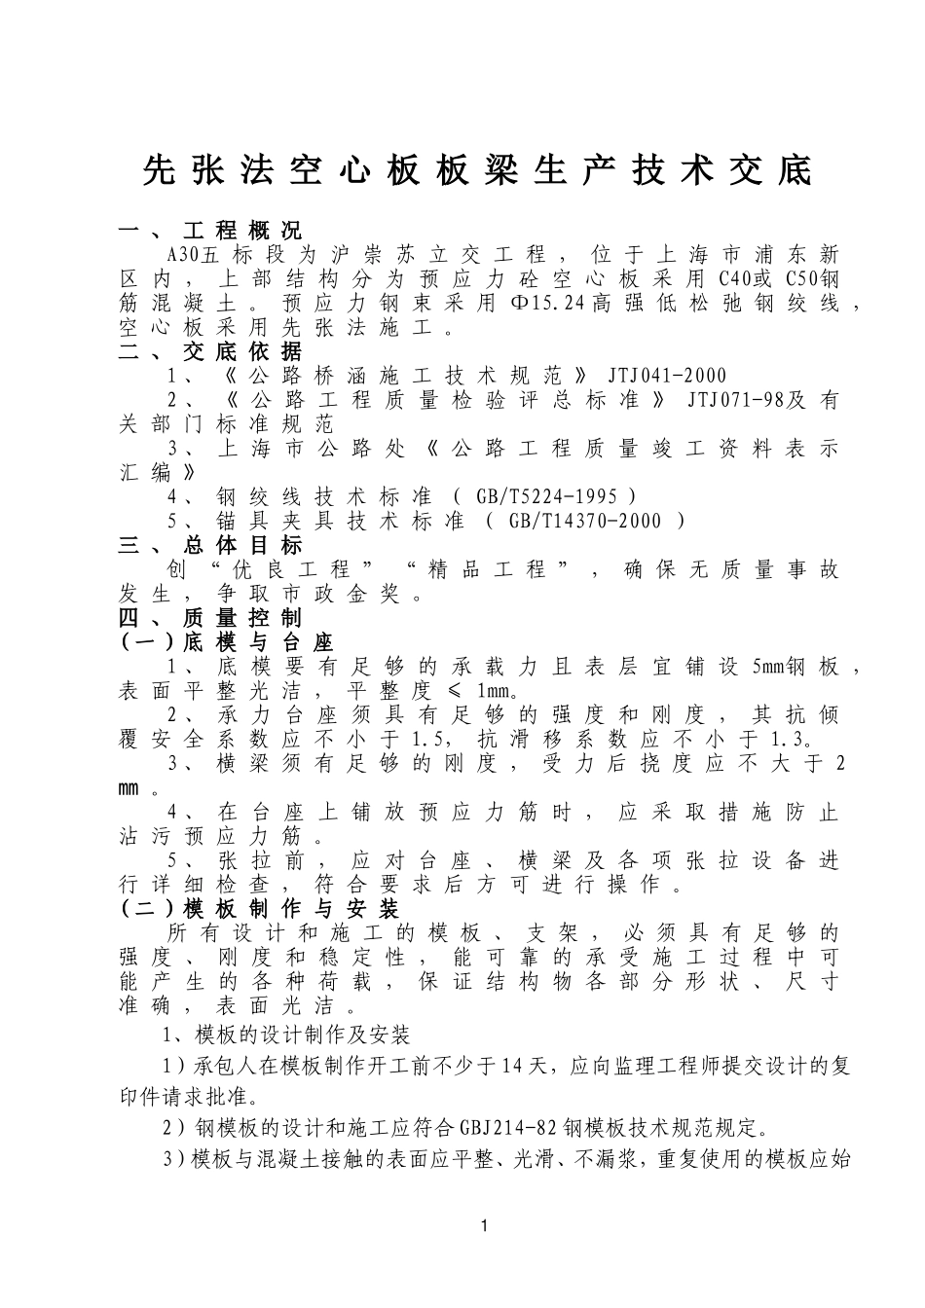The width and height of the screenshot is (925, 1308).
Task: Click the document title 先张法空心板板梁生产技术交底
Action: [x=476, y=171]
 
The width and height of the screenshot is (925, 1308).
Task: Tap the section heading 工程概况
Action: [x=242, y=232]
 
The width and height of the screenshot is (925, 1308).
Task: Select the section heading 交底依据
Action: [x=242, y=352]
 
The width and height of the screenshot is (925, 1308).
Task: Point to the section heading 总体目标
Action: [x=242, y=546]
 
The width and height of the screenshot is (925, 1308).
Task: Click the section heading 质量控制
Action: [x=242, y=618]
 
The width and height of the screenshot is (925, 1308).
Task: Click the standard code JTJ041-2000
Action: [x=667, y=377]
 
